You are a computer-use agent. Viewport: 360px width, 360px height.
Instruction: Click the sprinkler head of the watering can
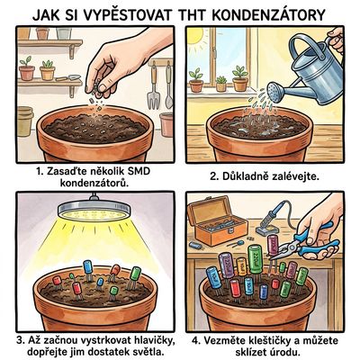pyautogui.click(x=275, y=90)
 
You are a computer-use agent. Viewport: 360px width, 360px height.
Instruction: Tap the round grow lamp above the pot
pyautogui.click(x=94, y=210)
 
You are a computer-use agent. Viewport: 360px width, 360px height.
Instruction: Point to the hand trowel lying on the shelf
pyautogui.click(x=67, y=77)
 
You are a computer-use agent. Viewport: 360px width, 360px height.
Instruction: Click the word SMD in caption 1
pyautogui.click(x=139, y=172)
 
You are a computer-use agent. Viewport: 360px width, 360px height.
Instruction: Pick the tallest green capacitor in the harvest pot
pyautogui.click(x=256, y=259)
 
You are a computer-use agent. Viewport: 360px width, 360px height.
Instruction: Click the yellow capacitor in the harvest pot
pyautogui.click(x=242, y=266)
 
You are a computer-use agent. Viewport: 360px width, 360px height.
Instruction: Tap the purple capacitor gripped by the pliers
pyautogui.click(x=273, y=245)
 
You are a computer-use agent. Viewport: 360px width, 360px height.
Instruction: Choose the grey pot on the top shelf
pyautogui.click(x=64, y=33)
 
